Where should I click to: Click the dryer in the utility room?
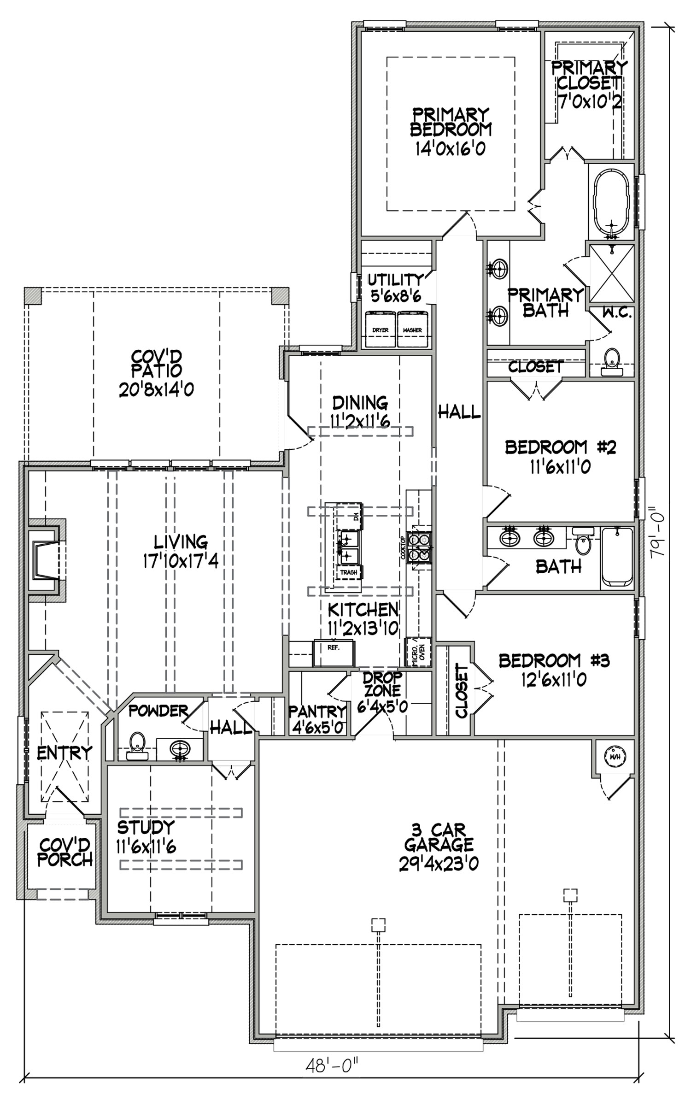[381, 329]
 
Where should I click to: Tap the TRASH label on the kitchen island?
[349, 572]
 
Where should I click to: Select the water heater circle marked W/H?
[614, 757]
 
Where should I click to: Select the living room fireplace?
[47, 560]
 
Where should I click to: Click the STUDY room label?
[146, 827]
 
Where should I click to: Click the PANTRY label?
[317, 712]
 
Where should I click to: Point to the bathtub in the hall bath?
[617, 558]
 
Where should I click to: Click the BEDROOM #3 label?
[554, 661]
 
